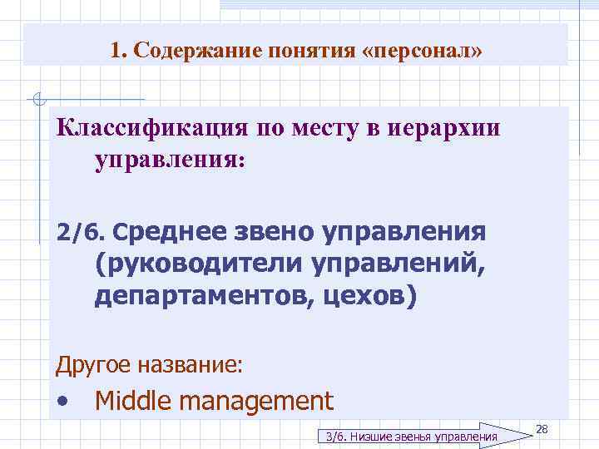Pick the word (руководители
tap(199, 265)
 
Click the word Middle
tap(133, 402)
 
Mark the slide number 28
tap(542, 428)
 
